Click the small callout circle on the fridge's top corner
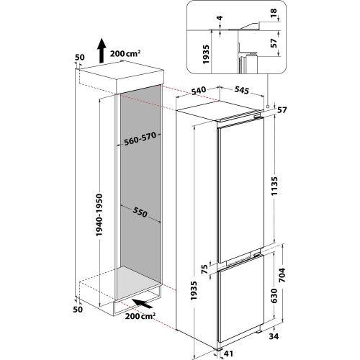(267, 108)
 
